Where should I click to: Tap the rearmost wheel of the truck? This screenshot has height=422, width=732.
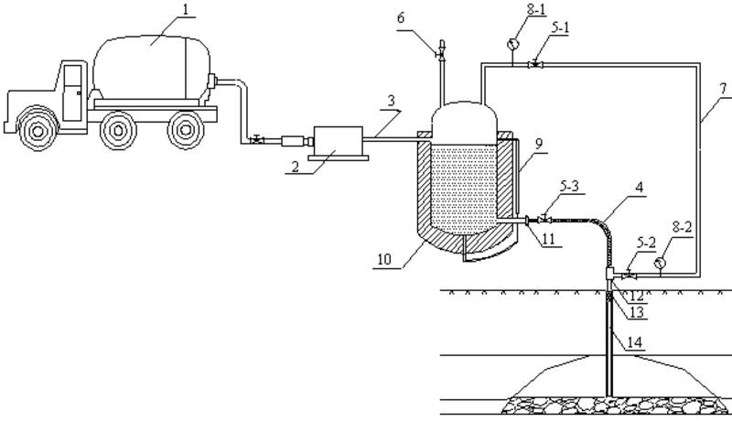[x=186, y=130]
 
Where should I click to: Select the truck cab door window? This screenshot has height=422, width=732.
[x=72, y=76]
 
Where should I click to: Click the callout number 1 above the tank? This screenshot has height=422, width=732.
[x=186, y=10]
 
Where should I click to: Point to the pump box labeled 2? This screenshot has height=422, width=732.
[x=339, y=141]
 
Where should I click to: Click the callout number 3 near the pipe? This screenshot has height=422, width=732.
[x=392, y=101]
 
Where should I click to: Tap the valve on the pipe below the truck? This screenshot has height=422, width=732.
[x=256, y=139]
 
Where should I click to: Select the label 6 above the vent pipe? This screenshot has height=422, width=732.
[x=401, y=18]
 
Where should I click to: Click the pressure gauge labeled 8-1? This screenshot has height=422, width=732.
[x=513, y=44]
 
